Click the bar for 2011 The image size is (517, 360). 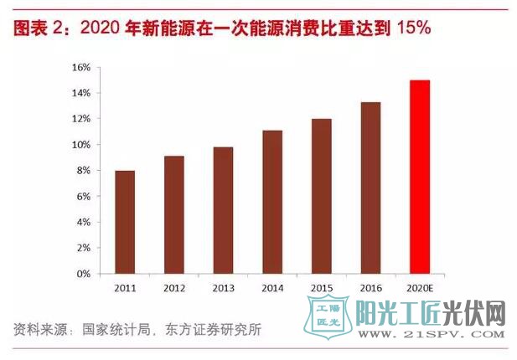click(124, 222)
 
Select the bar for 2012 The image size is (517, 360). click(173, 214)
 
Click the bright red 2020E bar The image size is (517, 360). click(419, 177)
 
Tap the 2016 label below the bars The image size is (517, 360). click(370, 287)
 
